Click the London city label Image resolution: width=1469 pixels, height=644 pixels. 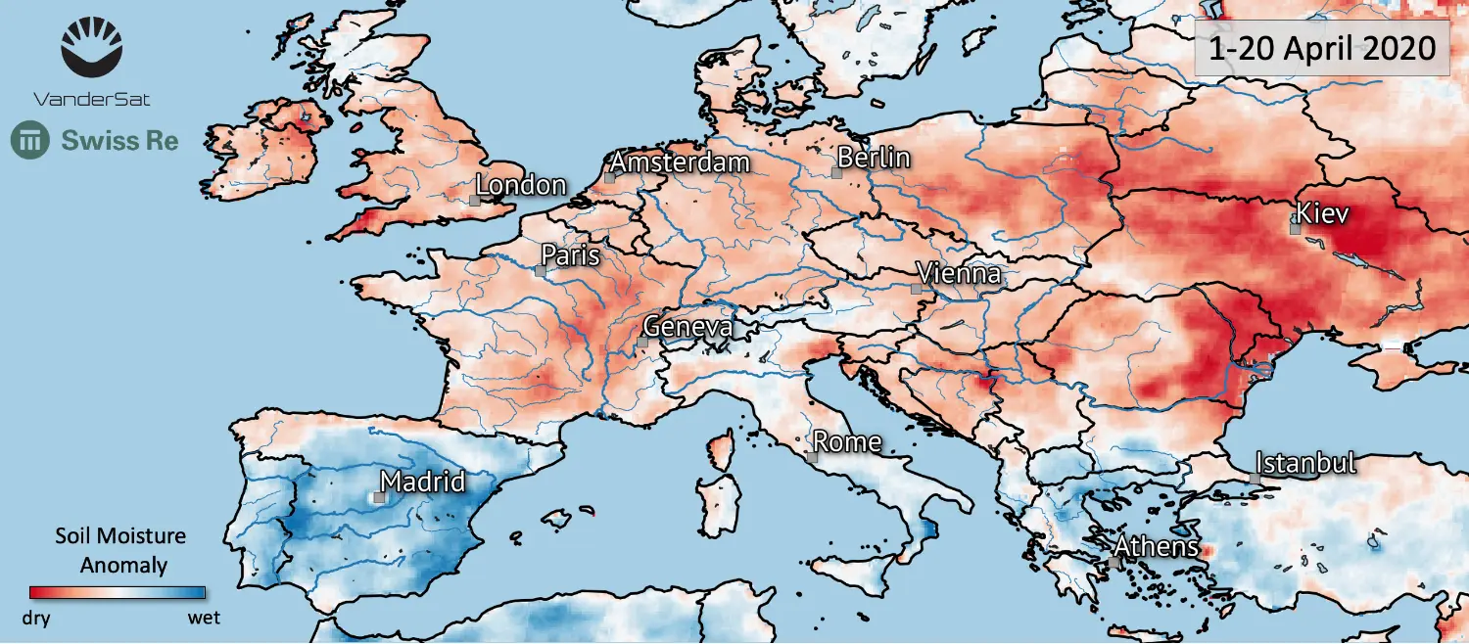[521, 185]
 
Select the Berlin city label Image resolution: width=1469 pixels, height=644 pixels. [875, 158]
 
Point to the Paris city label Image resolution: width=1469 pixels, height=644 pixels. [570, 255]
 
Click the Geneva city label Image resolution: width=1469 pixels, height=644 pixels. [688, 327]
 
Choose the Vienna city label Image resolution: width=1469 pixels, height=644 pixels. [959, 273]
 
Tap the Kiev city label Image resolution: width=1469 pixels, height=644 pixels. [1323, 212]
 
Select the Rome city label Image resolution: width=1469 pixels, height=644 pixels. [847, 441]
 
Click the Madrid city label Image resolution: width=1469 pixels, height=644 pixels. [422, 482]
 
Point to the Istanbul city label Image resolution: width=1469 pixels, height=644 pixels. [1305, 462]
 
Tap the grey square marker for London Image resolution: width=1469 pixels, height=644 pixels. [474, 200]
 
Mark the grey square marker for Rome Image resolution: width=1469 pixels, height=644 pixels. [812, 457]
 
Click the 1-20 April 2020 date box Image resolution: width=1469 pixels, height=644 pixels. [1321, 47]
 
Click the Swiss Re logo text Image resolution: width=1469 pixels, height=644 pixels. [119, 140]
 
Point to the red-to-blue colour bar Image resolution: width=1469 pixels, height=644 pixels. [118, 592]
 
